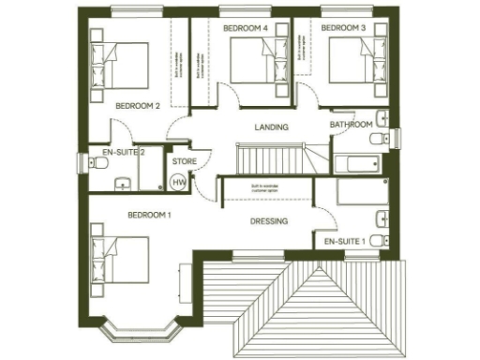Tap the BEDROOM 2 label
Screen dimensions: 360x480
[138, 106]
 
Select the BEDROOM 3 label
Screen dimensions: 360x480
[343, 29]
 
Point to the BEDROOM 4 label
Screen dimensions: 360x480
[246, 29]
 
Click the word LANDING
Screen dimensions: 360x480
[271, 127]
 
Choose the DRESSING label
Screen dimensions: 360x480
[269, 221]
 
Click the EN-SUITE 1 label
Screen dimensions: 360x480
[343, 243]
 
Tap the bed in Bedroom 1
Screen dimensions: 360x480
[123, 260]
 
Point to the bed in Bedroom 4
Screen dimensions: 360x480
[252, 64]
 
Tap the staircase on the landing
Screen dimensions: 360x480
[271, 158]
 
